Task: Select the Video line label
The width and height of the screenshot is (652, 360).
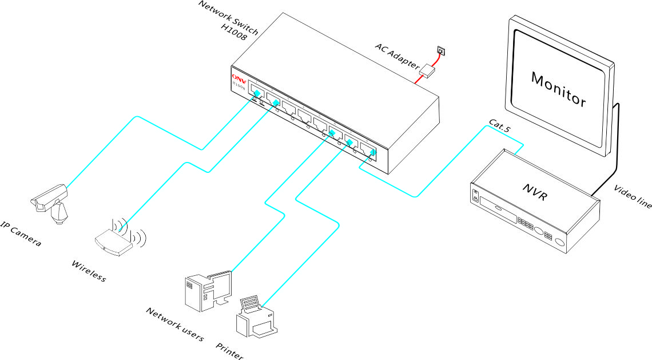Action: click(633, 197)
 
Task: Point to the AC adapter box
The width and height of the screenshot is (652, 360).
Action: click(428, 71)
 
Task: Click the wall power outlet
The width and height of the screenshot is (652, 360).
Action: click(440, 50)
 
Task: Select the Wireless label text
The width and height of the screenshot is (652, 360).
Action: click(89, 271)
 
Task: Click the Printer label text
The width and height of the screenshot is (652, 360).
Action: click(229, 351)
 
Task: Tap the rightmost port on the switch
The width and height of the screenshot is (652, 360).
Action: click(368, 151)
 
